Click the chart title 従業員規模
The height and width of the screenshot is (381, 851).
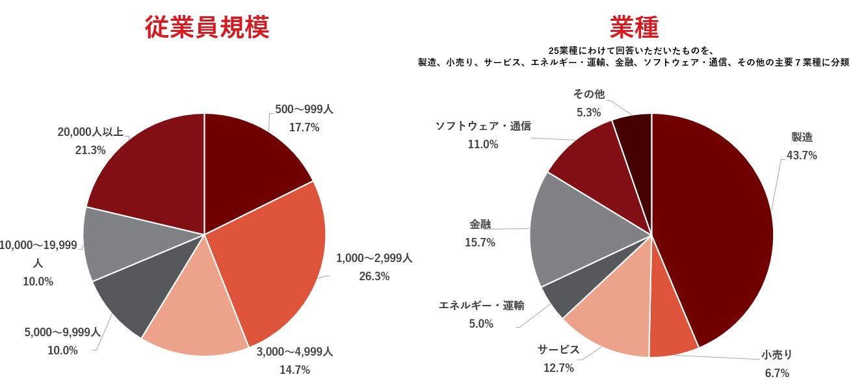pos(206,28)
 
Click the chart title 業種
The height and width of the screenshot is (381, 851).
pos(634,28)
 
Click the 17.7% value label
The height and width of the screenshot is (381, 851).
pos(304,128)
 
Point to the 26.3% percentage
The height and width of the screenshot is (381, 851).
pos(374,276)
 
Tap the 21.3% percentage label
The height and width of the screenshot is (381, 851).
pos(91,150)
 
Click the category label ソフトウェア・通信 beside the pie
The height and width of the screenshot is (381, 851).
pos(483,126)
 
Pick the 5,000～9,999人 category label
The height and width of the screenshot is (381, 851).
pos(62,332)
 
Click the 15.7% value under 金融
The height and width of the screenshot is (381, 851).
pos(480,243)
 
